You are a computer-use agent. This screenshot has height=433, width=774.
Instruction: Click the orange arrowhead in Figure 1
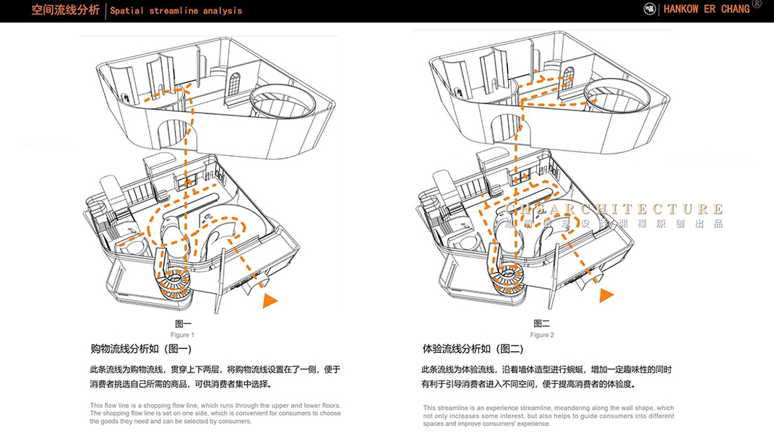point(270,301)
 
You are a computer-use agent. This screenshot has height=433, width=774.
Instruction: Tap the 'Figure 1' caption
point(182,335)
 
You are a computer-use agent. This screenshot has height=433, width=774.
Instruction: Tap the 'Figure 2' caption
point(542,335)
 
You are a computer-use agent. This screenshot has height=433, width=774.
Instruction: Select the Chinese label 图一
point(183,324)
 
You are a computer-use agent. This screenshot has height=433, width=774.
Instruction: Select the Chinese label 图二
point(542,324)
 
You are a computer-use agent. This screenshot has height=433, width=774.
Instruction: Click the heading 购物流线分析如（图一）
point(141,349)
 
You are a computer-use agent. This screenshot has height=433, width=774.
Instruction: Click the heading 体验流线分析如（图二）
point(473,349)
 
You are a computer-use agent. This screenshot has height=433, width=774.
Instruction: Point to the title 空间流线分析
point(66,10)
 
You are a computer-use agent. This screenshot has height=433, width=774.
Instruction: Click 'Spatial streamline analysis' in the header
point(176,11)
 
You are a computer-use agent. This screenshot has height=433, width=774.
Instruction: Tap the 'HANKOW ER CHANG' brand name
point(706,9)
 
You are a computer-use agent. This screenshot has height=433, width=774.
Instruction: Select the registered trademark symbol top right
point(757,4)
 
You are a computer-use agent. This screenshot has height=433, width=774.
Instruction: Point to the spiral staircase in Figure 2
point(509,279)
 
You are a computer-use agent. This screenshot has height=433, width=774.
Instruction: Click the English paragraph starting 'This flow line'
point(215,413)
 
